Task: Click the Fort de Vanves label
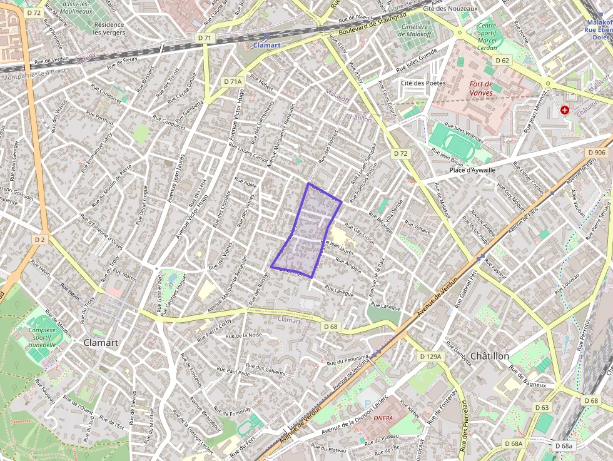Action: coord(480,88)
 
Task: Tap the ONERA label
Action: coord(383,418)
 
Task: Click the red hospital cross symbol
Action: coord(565,110)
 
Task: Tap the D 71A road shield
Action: coord(232,81)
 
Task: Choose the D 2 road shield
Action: coord(41,240)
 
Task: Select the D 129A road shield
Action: coord(430,356)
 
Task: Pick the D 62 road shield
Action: coord(502,61)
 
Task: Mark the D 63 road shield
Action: coord(542,407)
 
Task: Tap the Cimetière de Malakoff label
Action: coord(413,31)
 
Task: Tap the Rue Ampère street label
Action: coord(348,266)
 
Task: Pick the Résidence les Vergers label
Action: coord(109,28)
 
